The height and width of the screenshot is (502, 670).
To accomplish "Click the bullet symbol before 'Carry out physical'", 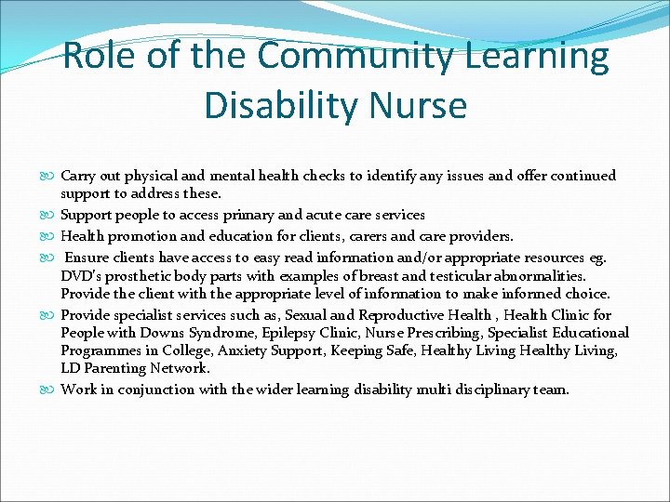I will pos(51,176).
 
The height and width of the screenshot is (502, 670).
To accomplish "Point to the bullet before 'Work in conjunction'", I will pos(51,390).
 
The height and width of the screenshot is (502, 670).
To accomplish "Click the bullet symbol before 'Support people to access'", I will pos(51,215).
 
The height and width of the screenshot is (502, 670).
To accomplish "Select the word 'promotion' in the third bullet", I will pos(141,236).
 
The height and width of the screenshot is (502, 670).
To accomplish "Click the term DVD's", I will pos(81,275).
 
